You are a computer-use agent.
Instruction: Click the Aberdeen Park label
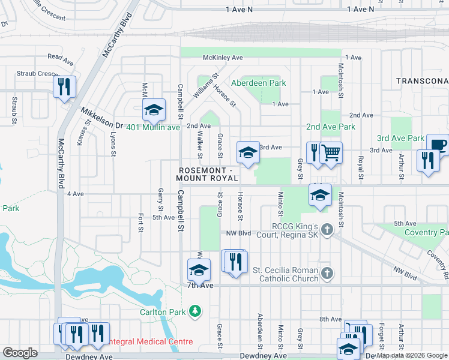(259, 83)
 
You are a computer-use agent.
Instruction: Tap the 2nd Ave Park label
(330, 127)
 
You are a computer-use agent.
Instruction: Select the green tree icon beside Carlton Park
(194, 311)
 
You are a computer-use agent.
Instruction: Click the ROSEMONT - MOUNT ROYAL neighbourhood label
(208, 174)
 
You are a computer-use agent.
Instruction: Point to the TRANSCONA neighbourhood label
(421, 80)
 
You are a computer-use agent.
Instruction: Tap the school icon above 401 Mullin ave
(154, 110)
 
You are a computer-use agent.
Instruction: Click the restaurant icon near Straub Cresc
(64, 86)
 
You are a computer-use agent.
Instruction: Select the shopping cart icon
(331, 152)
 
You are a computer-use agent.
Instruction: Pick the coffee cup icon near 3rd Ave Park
(438, 145)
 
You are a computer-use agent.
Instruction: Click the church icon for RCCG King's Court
(327, 230)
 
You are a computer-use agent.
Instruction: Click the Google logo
(20, 353)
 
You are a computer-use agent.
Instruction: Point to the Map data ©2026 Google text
(412, 355)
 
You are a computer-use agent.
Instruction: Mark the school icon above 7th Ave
(199, 270)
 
